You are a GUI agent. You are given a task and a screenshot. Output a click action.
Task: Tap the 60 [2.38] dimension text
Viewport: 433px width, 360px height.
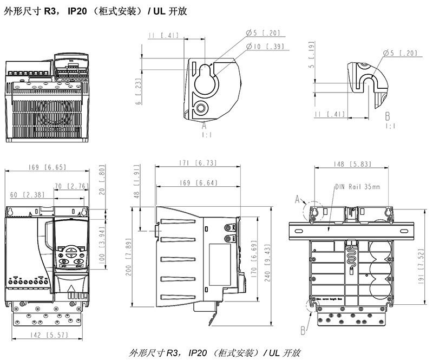23,194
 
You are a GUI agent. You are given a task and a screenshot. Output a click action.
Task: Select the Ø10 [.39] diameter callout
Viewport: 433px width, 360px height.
265,47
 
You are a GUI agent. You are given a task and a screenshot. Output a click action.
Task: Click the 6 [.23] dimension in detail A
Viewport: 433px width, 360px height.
139,91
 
